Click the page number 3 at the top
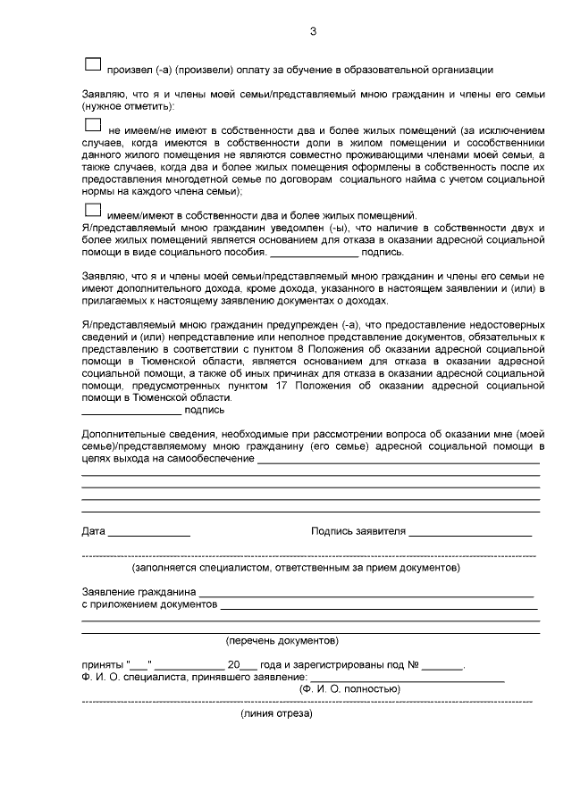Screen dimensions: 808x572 (312, 32)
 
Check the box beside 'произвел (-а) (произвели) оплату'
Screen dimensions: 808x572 (92, 65)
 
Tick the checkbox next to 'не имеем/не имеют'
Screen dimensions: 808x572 (92, 126)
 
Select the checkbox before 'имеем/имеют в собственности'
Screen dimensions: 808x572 (92, 211)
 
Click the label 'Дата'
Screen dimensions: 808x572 (93, 532)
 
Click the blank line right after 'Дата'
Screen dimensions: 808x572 (148, 533)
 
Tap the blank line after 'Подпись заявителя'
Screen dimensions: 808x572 (470, 533)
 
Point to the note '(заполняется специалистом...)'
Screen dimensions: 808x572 (296, 567)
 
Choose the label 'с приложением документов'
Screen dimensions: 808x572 (149, 604)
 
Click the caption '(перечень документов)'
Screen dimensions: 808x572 (282, 640)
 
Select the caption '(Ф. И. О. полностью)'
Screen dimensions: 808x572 (349, 689)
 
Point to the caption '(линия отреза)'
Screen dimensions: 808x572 (276, 714)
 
